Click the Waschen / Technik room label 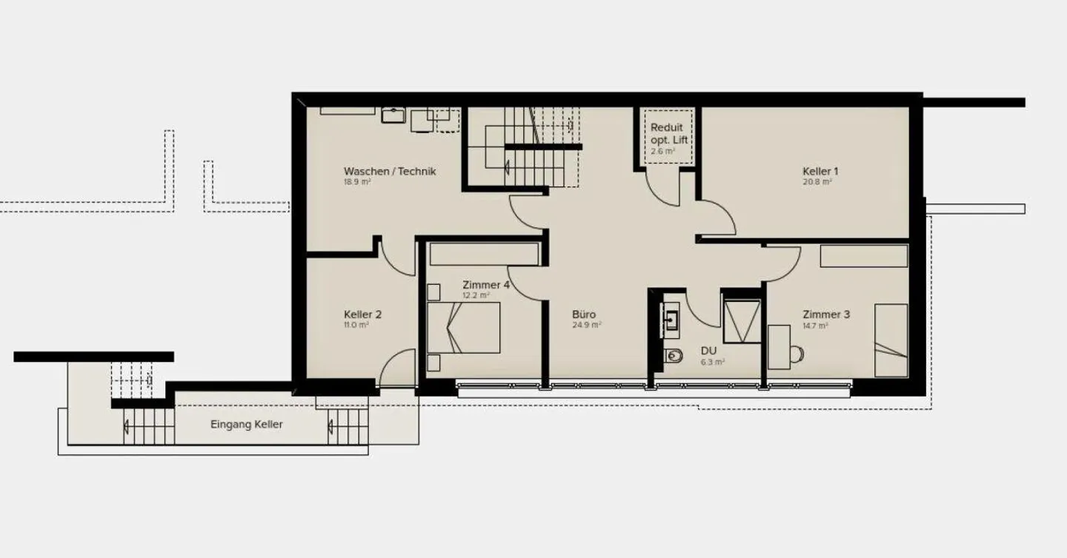click(390, 171)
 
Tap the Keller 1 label click(820, 171)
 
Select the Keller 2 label click(362, 315)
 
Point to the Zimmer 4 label click(486, 285)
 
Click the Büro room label click(584, 315)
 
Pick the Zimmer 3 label click(826, 315)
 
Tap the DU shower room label click(708, 351)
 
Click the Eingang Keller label click(247, 424)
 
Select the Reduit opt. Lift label click(669, 134)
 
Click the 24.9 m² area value click(586, 326)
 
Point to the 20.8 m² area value click(817, 182)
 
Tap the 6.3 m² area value click(713, 362)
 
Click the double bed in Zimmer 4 click(464, 328)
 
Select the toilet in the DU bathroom click(674, 355)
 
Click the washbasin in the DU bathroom click(670, 320)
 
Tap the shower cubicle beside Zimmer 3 click(742, 321)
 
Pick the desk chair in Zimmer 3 click(797, 354)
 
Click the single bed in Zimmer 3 click(891, 340)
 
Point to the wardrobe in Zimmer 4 click(484, 254)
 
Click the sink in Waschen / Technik click(393, 115)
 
